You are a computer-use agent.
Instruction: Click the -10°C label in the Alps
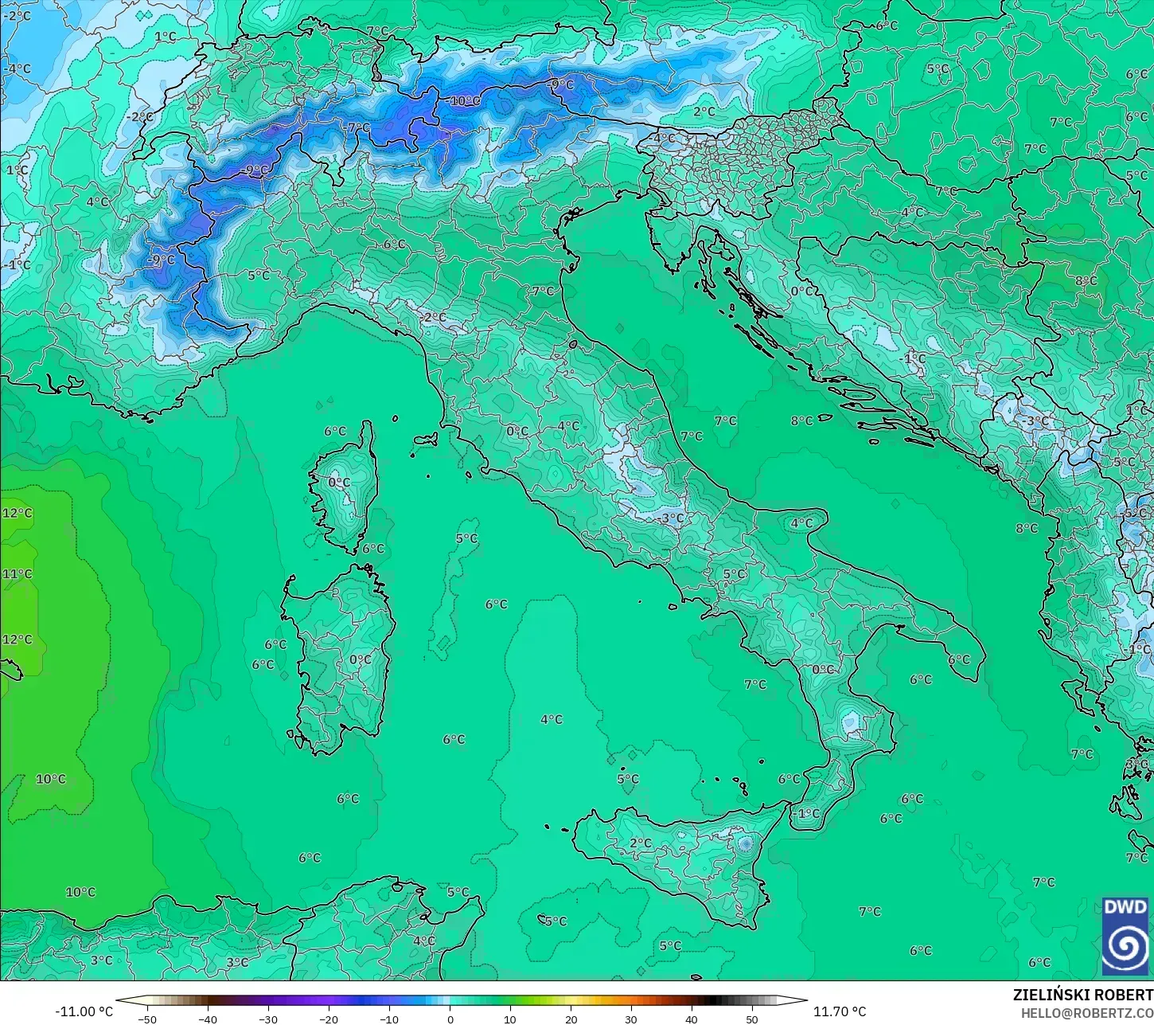tap(464, 101)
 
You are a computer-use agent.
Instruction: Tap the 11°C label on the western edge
tap(18, 573)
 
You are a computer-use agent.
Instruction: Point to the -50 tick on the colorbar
tap(147, 1019)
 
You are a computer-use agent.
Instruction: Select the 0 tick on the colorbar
tap(450, 1019)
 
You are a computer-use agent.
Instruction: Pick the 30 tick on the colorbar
tap(631, 1019)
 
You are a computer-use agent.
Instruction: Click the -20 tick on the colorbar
tap(329, 1019)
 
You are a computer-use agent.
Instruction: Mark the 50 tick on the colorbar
tap(752, 1019)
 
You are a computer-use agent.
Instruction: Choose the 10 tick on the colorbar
tap(510, 1019)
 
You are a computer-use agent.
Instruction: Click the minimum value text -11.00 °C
tap(84, 1011)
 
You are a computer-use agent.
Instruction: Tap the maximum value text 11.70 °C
tap(839, 1011)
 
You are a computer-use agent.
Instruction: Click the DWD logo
tap(1125, 936)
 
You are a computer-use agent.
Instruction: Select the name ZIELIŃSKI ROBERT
tap(1082, 995)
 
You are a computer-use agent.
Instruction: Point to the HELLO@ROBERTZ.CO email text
tap(1087, 1012)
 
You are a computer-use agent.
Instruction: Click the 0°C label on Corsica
tap(339, 482)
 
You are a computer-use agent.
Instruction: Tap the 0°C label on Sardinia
tap(360, 659)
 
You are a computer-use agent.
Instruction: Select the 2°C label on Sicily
tap(640, 843)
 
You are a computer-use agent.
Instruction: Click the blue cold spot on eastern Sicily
tap(745, 843)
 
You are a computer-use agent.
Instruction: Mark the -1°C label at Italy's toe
tap(807, 813)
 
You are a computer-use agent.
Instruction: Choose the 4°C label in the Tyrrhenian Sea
tap(551, 719)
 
